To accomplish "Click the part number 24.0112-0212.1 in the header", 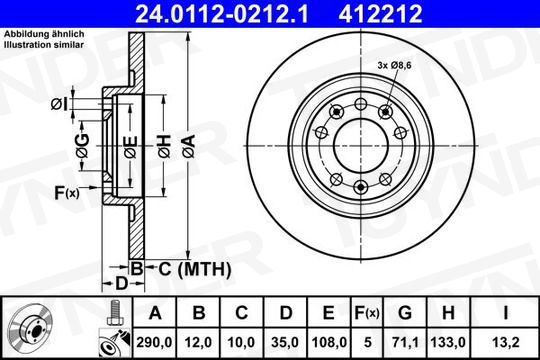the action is point(222,14).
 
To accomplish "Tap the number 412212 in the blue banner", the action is point(381,14).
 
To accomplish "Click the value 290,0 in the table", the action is point(154,342).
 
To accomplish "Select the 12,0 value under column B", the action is point(198,342).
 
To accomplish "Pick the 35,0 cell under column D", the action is point(285,342).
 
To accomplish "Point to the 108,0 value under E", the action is point(329,342).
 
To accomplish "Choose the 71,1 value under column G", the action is point(405,342).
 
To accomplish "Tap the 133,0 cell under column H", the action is point(448,342).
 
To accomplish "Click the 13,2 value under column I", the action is point(505,342).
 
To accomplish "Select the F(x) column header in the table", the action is point(367,313).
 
